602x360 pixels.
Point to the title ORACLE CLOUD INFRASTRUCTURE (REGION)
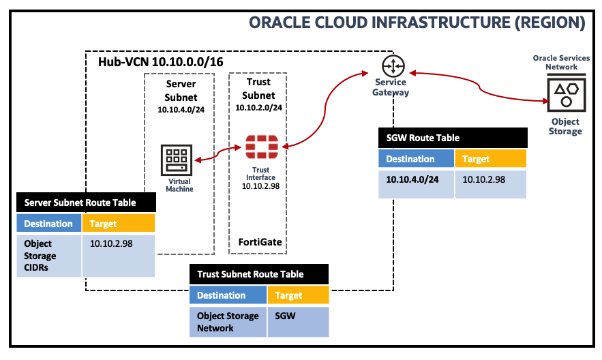pyautogui.click(x=417, y=22)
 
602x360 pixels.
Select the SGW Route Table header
pyautogui.click(x=453, y=138)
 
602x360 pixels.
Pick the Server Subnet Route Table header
pyautogui.click(x=85, y=202)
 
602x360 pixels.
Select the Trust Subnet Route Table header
pyautogui.click(x=259, y=274)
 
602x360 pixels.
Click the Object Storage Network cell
pyautogui.click(x=228, y=322)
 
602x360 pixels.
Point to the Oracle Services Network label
pyautogui.click(x=565, y=63)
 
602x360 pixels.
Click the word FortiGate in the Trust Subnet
pyautogui.click(x=260, y=242)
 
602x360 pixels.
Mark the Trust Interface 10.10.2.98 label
pyautogui.click(x=261, y=177)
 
